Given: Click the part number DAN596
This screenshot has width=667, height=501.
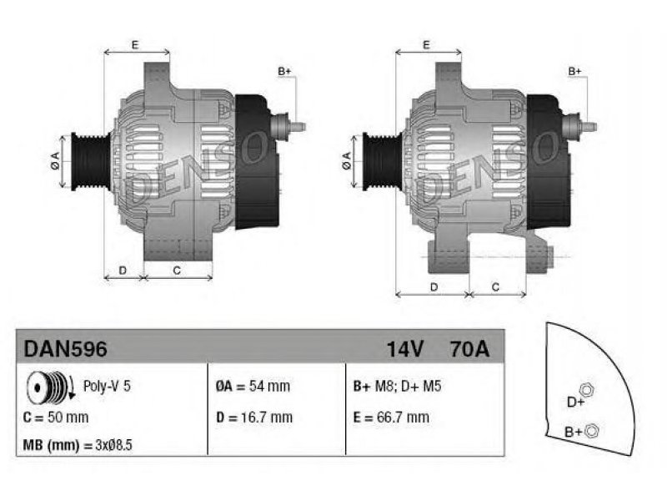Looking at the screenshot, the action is click(65, 349).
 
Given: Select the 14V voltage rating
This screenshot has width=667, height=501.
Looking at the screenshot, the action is click(404, 349).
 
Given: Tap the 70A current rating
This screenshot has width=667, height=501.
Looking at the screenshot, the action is click(469, 349).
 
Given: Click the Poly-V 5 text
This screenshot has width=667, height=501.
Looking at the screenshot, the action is click(107, 386).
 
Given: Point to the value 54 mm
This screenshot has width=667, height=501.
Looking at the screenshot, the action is click(269, 386).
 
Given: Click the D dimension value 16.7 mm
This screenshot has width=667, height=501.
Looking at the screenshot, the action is click(267, 417).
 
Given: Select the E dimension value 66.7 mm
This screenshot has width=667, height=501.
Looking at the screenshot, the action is click(403, 417).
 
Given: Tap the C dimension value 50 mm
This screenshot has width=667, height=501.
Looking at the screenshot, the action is click(68, 417).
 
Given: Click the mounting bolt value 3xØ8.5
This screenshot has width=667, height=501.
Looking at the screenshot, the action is click(113, 445).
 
